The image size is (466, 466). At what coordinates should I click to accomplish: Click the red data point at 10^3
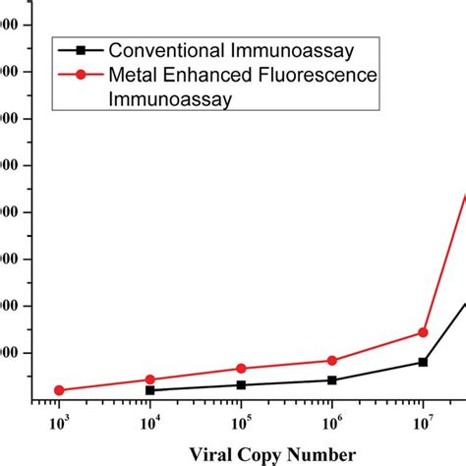coord(59,390)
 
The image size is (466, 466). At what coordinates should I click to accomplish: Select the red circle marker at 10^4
coord(149,379)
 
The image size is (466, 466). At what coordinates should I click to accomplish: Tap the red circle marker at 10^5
coord(241,369)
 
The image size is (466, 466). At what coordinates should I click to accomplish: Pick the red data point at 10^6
coord(332,361)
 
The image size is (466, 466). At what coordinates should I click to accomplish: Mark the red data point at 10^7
coord(423,332)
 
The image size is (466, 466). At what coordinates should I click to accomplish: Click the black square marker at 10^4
coord(149,390)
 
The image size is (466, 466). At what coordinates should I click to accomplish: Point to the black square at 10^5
coord(241,384)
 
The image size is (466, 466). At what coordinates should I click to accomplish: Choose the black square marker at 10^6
coord(332,379)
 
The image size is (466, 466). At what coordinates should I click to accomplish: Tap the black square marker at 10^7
coord(423,362)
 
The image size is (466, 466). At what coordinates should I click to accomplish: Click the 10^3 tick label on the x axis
coord(59,423)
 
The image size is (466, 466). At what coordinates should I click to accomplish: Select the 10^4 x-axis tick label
coord(149,423)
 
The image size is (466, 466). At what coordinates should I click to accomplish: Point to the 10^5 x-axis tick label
coord(241,423)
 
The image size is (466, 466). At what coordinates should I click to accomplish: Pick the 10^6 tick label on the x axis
coord(332,423)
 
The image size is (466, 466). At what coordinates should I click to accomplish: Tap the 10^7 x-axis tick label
coord(423,423)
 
